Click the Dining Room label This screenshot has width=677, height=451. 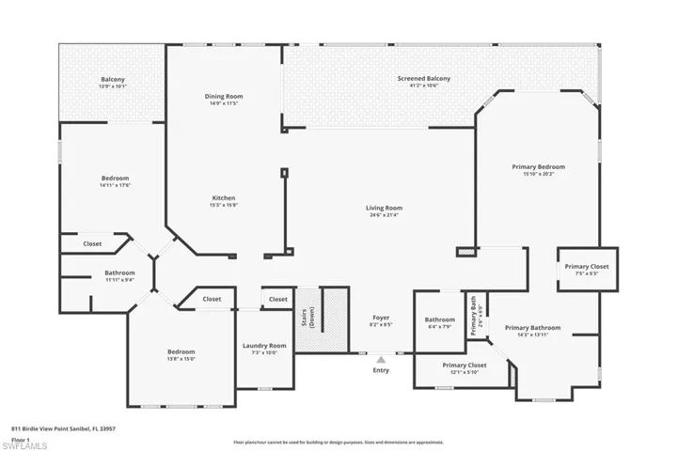pos(224,96)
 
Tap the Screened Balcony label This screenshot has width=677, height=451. pos(424,79)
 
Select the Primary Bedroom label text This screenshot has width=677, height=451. pos(539,167)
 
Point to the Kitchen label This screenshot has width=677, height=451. pos(224,198)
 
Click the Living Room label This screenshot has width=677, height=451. pos(384,208)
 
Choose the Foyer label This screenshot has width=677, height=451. pos(381,318)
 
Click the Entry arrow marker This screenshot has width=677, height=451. pos(381,359)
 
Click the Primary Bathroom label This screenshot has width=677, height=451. pos(532,328)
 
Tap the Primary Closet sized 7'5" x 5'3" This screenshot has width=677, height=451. pos(587,267)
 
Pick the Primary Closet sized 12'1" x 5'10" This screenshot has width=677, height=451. pos(464,365)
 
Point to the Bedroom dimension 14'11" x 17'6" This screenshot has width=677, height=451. pos(116,185)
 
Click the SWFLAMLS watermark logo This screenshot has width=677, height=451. pos(28,443)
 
